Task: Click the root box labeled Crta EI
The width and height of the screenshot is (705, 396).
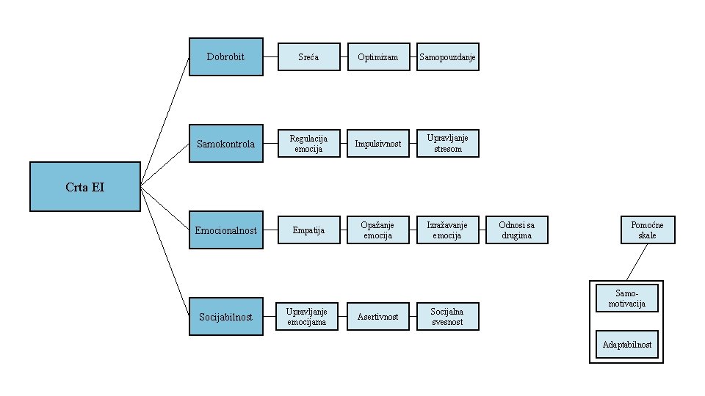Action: point(84,187)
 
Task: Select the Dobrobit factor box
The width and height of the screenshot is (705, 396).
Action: point(225,56)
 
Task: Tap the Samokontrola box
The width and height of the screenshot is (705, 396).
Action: point(225,144)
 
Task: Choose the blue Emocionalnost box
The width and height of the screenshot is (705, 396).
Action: point(225,230)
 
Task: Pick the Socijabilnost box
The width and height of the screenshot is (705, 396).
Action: point(225,317)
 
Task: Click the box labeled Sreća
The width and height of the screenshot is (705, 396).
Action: point(308,57)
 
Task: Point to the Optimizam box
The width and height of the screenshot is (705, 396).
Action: point(377,57)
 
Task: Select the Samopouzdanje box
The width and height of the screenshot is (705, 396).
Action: point(447,57)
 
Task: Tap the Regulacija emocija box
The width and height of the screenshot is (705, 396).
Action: point(308,144)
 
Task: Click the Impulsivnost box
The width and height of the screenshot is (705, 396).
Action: point(377,144)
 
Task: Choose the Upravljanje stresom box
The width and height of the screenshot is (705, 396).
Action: point(447,144)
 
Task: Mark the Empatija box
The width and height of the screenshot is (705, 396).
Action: point(308,230)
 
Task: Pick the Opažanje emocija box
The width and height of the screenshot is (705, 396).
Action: point(377,230)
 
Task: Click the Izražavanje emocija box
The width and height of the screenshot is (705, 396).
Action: point(447,230)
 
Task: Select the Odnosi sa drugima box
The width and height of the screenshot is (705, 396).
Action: point(516,230)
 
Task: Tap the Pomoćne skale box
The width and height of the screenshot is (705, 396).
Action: point(647,230)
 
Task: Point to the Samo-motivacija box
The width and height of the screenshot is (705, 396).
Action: point(626,298)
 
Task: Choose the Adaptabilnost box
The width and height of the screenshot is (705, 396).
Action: point(626,345)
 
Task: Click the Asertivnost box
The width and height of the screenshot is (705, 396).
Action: point(377,317)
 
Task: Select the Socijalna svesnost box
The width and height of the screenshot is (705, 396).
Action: point(447,317)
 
